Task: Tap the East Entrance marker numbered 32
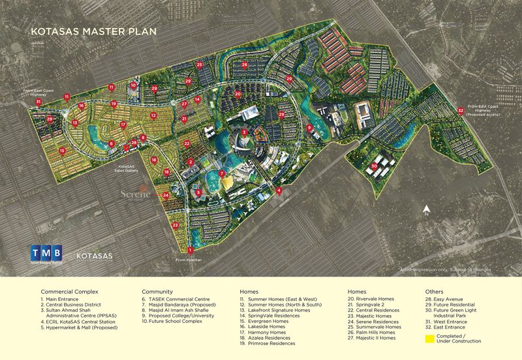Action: (461, 110)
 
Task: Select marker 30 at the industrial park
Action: (375, 166)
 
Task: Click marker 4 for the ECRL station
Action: (279, 190)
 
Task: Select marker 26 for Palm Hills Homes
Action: (244, 65)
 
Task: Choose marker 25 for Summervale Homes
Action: (199, 65)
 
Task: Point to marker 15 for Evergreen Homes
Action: (62, 151)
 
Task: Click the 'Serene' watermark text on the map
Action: (136, 194)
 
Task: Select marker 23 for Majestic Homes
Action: (176, 224)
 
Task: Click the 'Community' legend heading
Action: (157, 292)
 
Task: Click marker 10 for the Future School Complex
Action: (133, 84)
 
